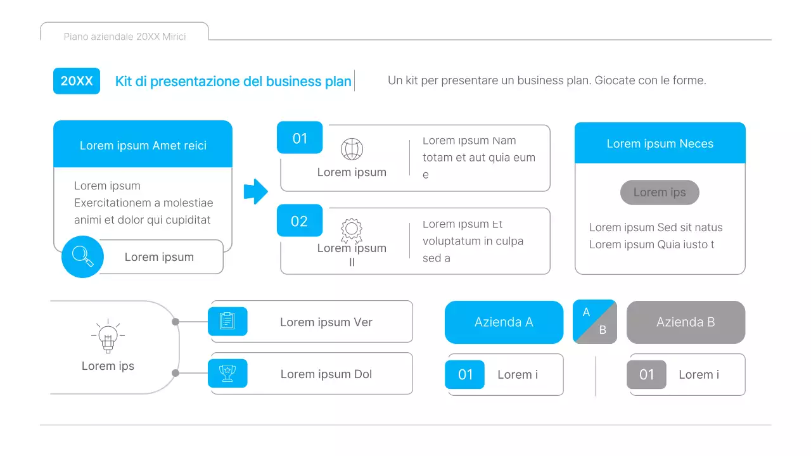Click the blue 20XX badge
pos(77,81)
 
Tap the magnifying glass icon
pos(82,256)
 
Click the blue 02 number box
pos(299,221)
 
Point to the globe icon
pos(352,149)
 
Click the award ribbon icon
pos(352,230)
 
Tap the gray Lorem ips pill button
pos(660,193)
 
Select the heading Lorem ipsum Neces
pos(660,144)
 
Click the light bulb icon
pos(108,336)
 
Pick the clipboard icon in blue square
pos(227,321)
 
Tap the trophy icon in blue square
pos(227,373)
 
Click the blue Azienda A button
pos(504,322)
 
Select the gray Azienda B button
pos(686,322)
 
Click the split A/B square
pos(594,322)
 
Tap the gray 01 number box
pos(646,374)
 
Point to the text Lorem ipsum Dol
pos(326,374)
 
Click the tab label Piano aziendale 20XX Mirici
pos(125,37)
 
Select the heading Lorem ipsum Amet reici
pos(143,146)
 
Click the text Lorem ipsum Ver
pos(326,322)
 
